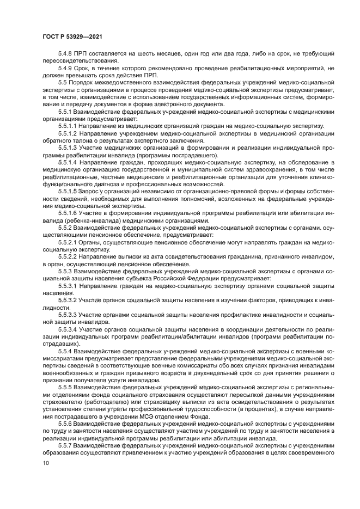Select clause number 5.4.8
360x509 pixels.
click(65, 54)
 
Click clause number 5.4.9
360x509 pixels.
click(65, 68)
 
